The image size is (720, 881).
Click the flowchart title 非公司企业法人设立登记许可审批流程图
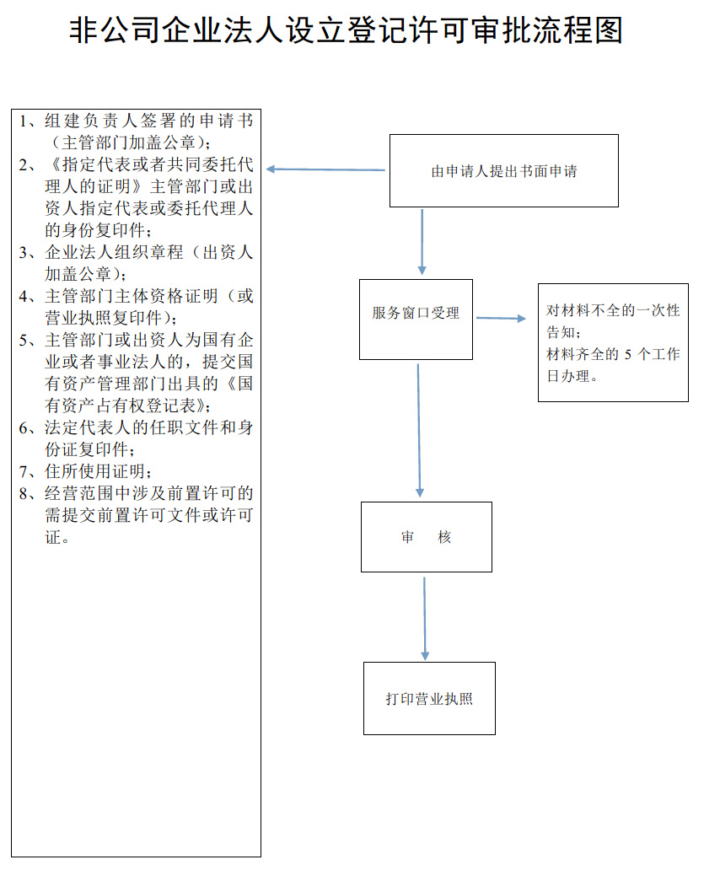coord(346,32)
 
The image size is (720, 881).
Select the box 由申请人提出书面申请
coord(503,171)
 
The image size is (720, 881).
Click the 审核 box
coord(426,537)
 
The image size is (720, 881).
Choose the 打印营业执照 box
coord(429,698)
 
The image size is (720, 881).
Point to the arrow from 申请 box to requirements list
coord(325,169)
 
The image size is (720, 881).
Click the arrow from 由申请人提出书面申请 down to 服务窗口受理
coord(422,241)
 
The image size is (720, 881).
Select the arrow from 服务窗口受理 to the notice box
coord(501,319)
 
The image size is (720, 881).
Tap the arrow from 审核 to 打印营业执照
coord(424,618)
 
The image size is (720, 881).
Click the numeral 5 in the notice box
coord(627,355)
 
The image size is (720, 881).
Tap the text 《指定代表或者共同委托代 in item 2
coord(148,164)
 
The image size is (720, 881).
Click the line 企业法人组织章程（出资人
coord(148,252)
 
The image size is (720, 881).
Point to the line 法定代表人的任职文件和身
coord(148,427)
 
